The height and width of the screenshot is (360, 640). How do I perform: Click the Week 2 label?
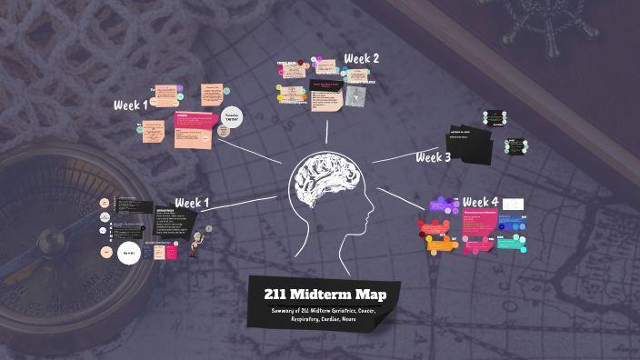[362, 59]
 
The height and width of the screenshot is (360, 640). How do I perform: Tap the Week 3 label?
[434, 157]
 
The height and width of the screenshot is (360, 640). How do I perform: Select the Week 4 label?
[480, 201]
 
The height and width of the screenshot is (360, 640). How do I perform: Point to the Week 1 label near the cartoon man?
[192, 202]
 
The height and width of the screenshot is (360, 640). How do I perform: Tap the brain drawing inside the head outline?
[321, 185]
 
